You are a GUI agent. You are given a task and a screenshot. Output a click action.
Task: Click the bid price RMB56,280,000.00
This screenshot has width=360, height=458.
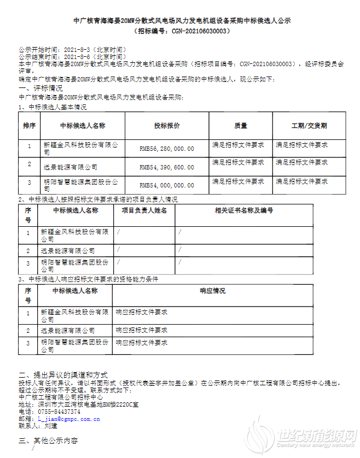click(x=167, y=148)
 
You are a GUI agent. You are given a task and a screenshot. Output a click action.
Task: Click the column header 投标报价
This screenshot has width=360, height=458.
click(x=167, y=126)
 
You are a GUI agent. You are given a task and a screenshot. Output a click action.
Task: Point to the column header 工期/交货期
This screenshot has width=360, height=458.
click(x=309, y=126)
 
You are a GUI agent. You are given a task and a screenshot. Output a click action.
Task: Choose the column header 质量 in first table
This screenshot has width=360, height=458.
click(x=241, y=126)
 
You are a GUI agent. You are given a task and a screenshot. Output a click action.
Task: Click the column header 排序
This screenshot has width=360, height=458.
click(x=29, y=126)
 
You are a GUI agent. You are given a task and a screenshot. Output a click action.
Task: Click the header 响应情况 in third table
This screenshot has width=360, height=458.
click(x=212, y=291)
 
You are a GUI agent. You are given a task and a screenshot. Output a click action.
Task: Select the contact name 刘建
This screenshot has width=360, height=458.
click(x=51, y=425)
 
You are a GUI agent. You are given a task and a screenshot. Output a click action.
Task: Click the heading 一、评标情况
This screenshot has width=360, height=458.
click(x=40, y=88)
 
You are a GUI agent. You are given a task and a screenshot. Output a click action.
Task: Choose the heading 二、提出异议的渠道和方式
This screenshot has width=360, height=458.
click(x=63, y=375)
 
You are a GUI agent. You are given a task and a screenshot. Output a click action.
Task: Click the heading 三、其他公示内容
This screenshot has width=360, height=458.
click(x=48, y=441)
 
